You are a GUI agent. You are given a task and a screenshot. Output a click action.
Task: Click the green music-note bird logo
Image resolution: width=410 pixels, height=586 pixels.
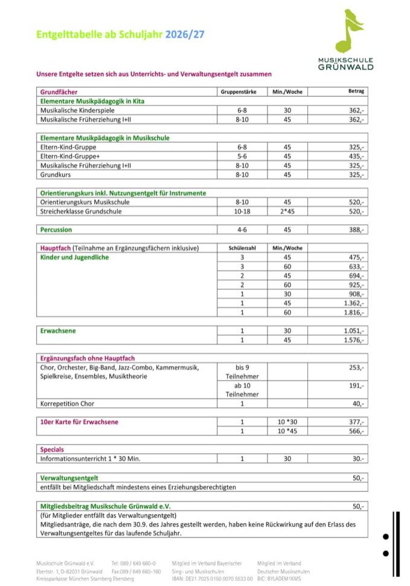click(x=350, y=30)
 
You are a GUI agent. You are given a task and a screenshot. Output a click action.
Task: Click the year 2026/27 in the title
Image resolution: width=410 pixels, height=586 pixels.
click(x=184, y=34)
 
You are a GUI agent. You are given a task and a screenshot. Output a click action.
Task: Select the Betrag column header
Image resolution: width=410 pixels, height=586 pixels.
click(x=356, y=91)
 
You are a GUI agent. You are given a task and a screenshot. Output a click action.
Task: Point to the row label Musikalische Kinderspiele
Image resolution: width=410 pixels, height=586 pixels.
click(x=77, y=111)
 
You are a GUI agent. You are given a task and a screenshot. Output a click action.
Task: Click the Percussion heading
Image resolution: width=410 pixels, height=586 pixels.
click(x=56, y=230)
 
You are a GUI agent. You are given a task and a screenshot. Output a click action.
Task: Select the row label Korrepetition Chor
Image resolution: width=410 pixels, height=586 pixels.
click(x=67, y=404)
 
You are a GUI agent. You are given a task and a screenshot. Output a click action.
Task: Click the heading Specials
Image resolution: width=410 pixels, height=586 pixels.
click(x=52, y=449)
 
